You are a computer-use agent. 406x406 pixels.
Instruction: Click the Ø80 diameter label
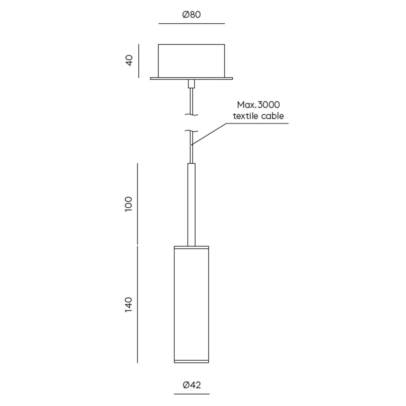click(192, 14)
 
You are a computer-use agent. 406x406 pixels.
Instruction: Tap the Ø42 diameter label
click(192, 385)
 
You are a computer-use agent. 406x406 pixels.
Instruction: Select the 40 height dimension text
click(129, 60)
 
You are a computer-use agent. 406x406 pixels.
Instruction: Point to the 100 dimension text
click(129, 204)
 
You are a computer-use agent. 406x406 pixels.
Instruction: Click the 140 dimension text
click(129, 304)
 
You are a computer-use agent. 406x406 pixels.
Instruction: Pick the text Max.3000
click(258, 105)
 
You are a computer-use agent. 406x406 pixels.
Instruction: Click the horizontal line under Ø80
click(192, 24)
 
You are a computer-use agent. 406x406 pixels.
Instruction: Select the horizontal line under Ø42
click(192, 394)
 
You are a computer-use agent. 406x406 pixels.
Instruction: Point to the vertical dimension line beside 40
click(139, 61)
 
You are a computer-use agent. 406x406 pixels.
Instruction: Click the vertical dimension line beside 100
click(138, 204)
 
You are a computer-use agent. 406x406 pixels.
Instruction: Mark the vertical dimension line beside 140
click(138, 304)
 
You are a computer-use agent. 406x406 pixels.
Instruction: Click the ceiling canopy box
click(191, 61)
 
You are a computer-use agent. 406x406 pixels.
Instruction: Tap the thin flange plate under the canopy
click(191, 79)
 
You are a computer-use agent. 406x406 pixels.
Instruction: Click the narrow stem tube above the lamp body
click(191, 205)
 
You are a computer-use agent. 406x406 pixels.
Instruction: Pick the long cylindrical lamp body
click(191, 304)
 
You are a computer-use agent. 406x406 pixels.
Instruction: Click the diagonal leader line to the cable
click(209, 134)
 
